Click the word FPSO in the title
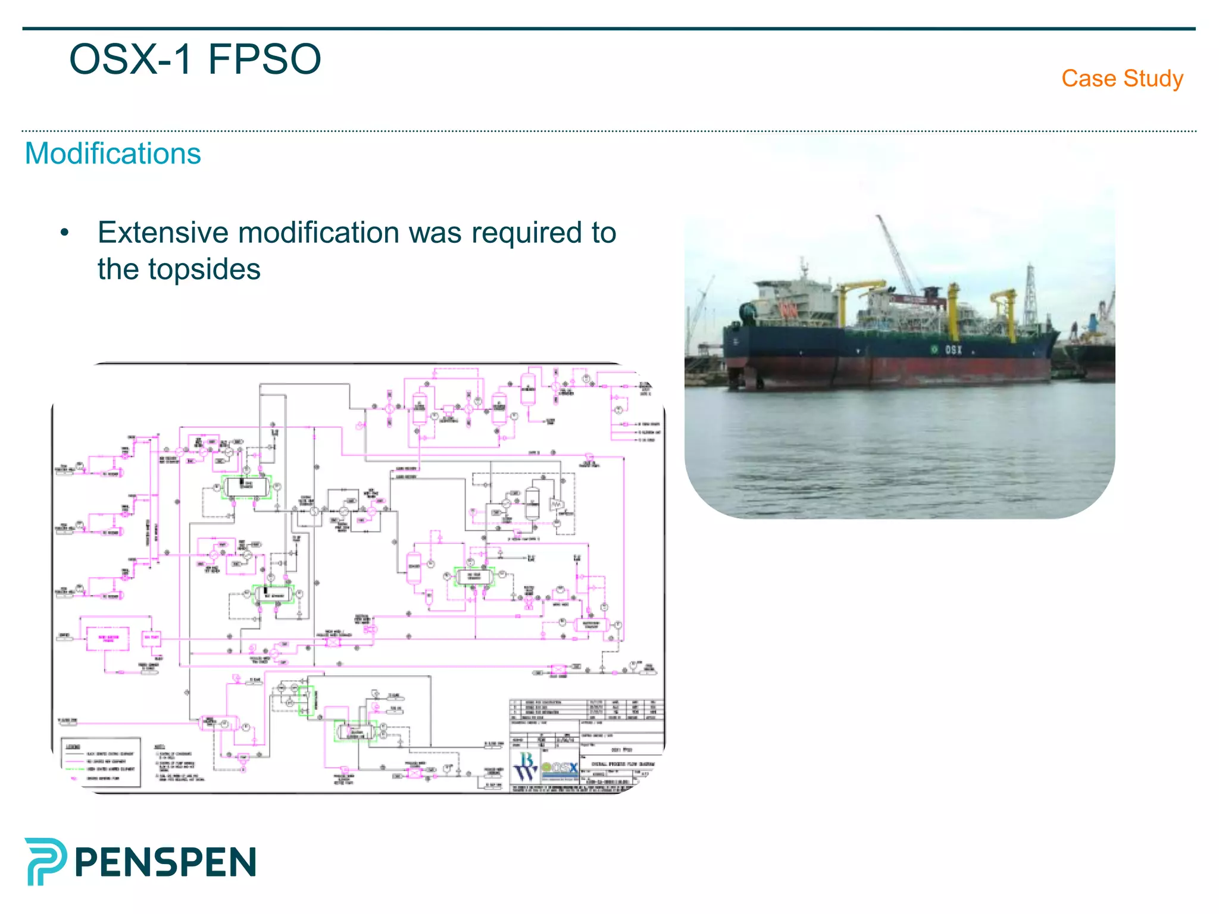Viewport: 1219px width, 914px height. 264,60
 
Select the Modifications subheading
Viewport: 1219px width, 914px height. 113,154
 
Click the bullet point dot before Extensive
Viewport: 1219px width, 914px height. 64,233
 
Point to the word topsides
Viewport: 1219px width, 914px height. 204,269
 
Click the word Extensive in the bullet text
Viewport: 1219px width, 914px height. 162,233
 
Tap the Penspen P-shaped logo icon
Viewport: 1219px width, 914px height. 45,861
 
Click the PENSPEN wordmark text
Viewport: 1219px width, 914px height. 165,862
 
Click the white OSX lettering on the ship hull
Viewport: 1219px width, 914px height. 954,350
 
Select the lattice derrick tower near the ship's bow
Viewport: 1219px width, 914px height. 1029,295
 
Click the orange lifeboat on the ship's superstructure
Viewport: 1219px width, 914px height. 789,309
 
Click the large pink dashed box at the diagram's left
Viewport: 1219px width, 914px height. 108,638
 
